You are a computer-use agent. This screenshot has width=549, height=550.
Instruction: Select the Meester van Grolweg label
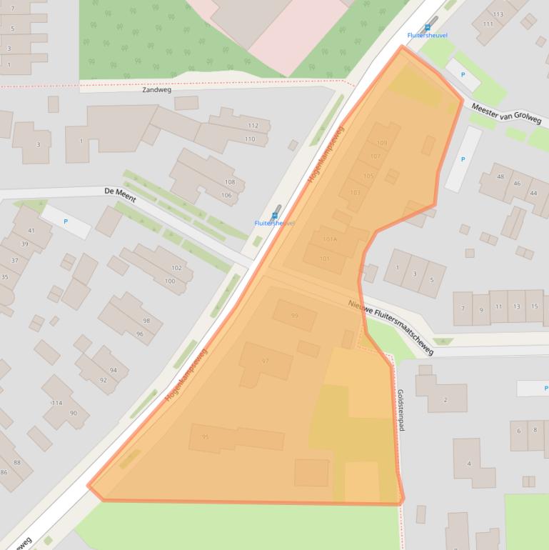[x=506, y=114]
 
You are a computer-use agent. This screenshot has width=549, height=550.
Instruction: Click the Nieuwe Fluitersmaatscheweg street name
[x=391, y=326]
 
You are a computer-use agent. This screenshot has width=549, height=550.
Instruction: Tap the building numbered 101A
[x=329, y=239]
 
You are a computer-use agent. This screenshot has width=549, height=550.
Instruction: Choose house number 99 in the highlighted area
[x=295, y=316]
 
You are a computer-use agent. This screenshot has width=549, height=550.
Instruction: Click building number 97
[x=266, y=361]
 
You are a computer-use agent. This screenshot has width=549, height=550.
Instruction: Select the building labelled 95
[x=206, y=436]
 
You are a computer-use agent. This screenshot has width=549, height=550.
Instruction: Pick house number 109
[x=382, y=144]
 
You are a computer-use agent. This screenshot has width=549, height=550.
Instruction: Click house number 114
[x=56, y=403]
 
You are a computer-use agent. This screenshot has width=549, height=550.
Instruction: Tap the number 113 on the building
[x=498, y=14]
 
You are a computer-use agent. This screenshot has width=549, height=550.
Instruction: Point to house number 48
[x=500, y=176]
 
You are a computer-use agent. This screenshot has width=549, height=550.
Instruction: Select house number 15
[x=534, y=306]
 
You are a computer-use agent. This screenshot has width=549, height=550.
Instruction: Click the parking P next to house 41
[x=66, y=221]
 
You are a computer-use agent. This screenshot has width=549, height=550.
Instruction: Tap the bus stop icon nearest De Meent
[x=274, y=214]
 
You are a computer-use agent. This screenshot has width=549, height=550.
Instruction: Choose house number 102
[x=176, y=268]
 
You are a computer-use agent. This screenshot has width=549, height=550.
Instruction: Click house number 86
[x=4, y=472]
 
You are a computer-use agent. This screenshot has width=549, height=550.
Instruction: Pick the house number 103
[x=355, y=192]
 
